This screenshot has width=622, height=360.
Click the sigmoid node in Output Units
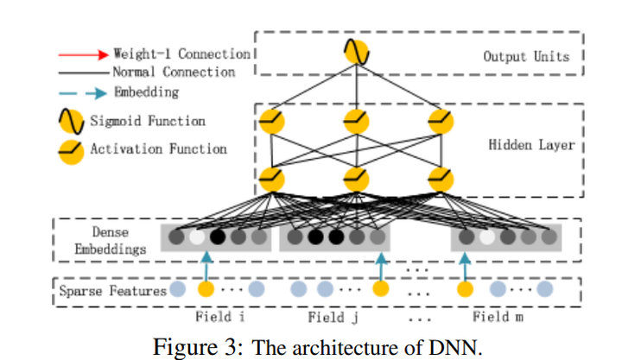356,54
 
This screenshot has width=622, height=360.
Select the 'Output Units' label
526,56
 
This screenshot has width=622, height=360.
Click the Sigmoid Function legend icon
73,121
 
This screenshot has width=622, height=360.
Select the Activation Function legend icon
73,149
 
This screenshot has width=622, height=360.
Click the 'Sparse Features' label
112,291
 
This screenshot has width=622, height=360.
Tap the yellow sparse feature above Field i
206,290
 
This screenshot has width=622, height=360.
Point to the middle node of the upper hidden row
356,118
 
